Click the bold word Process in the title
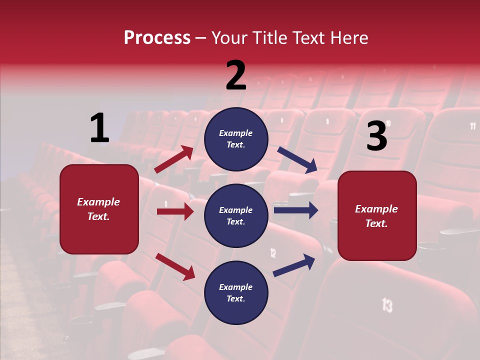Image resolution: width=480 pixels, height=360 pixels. pyautogui.click(x=157, y=38)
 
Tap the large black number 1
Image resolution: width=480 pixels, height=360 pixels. pyautogui.click(x=99, y=128)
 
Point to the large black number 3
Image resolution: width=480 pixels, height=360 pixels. pyautogui.click(x=376, y=136)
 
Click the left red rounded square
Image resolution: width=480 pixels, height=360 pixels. pyautogui.click(x=99, y=209)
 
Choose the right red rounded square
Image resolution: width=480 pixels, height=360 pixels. pyautogui.click(x=377, y=215)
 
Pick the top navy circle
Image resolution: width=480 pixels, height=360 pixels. pyautogui.click(x=236, y=139)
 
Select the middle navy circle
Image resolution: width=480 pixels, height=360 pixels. pyautogui.click(x=236, y=215)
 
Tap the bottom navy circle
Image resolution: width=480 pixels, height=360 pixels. pyautogui.click(x=236, y=292)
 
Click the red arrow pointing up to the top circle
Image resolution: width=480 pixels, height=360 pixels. pyautogui.click(x=174, y=159)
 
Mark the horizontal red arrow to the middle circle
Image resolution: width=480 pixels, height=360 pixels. pyautogui.click(x=175, y=211)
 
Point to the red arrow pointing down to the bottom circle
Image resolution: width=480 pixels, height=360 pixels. pyautogui.click(x=175, y=266)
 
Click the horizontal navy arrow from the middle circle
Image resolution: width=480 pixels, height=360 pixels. pyautogui.click(x=295, y=210)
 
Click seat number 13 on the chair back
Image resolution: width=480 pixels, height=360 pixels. pyautogui.click(x=387, y=304)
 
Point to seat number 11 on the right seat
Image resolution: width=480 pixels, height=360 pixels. pyautogui.click(x=472, y=126)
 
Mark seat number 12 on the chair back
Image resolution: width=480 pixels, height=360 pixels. pyautogui.click(x=273, y=252)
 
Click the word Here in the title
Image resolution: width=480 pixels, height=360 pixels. pyautogui.click(x=348, y=38)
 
